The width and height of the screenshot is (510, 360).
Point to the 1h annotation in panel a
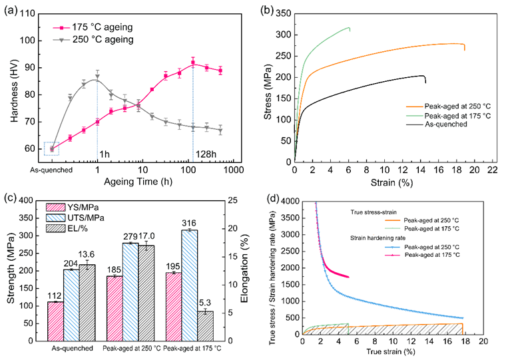click(x=105, y=154)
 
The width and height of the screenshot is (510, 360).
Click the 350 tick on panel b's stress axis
click(x=284, y=13)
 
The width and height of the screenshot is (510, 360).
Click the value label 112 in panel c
click(x=55, y=295)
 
